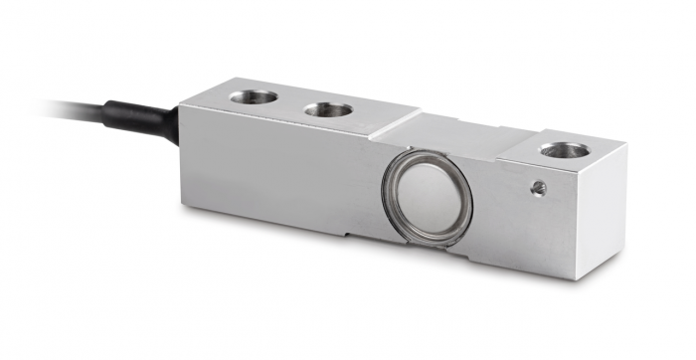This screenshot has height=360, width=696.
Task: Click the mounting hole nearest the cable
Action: [x=254, y=96]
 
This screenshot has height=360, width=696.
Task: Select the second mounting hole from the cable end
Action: [x=327, y=108]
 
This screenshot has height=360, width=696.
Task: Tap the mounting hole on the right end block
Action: [x=564, y=150]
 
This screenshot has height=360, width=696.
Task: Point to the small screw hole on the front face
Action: [x=538, y=186]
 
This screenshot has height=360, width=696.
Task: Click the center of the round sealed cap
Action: [x=427, y=194]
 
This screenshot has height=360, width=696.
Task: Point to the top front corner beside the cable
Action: [x=180, y=106]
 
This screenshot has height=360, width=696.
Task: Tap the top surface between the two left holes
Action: [x=290, y=103]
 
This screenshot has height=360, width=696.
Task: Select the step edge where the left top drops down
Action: [x=398, y=124]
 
